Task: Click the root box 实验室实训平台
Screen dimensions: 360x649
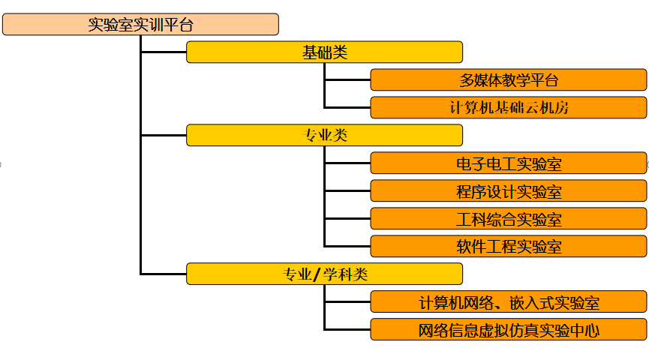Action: pos(140,24)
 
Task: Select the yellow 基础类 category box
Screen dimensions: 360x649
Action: pos(324,52)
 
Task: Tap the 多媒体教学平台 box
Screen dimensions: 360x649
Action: pos(508,79)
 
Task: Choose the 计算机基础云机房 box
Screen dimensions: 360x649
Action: pos(508,107)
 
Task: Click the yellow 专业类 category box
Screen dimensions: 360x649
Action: pos(324,135)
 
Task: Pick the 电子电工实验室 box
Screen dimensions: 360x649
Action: pos(508,163)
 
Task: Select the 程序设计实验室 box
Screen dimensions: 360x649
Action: pos(508,190)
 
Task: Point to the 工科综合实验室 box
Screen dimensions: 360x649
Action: pos(508,218)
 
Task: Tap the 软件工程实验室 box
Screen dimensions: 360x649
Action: pos(508,246)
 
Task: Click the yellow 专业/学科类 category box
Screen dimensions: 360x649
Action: pos(324,274)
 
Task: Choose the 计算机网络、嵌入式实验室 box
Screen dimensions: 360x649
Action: pos(508,301)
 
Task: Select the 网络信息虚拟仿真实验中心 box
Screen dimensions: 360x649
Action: pos(508,329)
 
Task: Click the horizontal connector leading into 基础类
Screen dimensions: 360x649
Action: pos(164,52)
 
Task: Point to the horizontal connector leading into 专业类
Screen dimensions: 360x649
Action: pos(164,135)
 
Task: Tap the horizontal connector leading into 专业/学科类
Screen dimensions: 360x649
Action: pos(164,274)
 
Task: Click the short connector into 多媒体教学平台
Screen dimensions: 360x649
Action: pos(347,79)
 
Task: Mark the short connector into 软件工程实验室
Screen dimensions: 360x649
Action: pos(347,246)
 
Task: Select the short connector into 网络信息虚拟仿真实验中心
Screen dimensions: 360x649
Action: pos(347,329)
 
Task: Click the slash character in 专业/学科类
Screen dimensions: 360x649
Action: pos(318,274)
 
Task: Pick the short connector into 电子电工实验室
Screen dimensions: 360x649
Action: pos(347,163)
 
